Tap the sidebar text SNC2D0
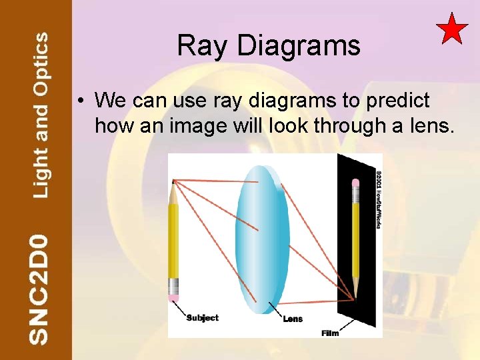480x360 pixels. [39, 288]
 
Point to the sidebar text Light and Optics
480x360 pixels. [41, 115]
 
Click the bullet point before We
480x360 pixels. [79, 101]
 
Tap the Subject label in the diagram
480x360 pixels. [202, 318]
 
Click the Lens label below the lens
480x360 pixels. [293, 319]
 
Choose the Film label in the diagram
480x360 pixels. [330, 333]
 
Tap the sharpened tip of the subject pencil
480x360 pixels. [173, 183]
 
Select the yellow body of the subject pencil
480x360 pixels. [173, 240]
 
